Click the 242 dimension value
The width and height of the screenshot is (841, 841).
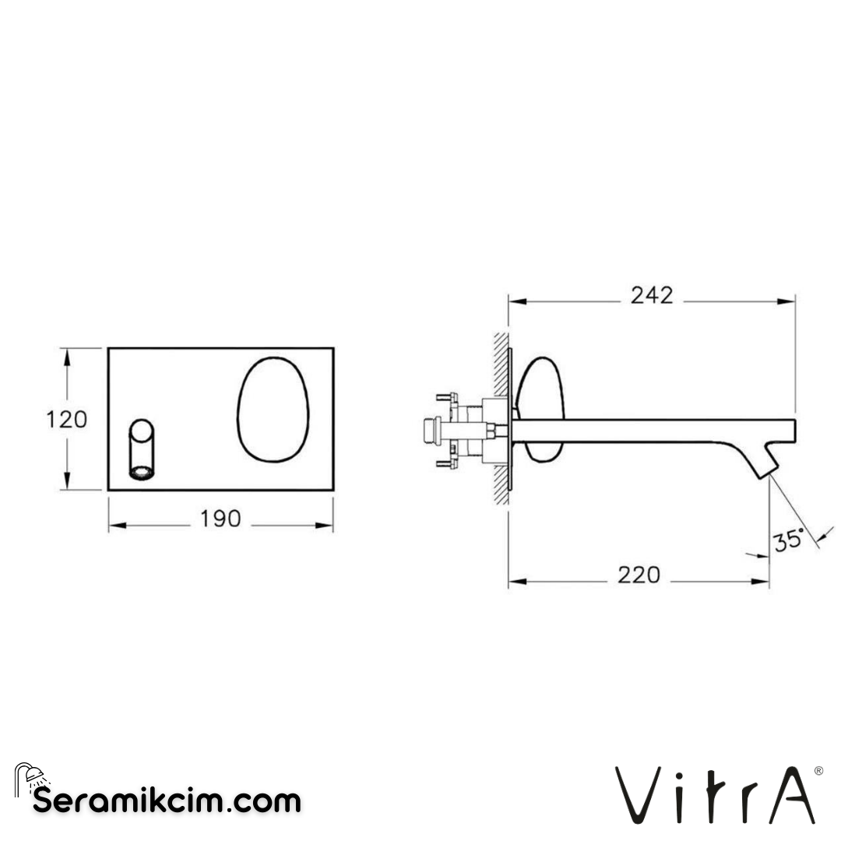point(652,295)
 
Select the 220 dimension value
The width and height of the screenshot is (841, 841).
point(639,575)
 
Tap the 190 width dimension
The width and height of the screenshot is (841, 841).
point(220,519)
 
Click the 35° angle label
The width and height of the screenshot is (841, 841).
point(789,539)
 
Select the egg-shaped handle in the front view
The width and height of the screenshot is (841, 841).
point(273,408)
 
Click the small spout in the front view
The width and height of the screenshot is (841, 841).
point(142,450)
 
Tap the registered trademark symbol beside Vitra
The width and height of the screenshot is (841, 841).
point(818,771)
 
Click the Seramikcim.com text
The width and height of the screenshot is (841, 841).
point(167,800)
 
